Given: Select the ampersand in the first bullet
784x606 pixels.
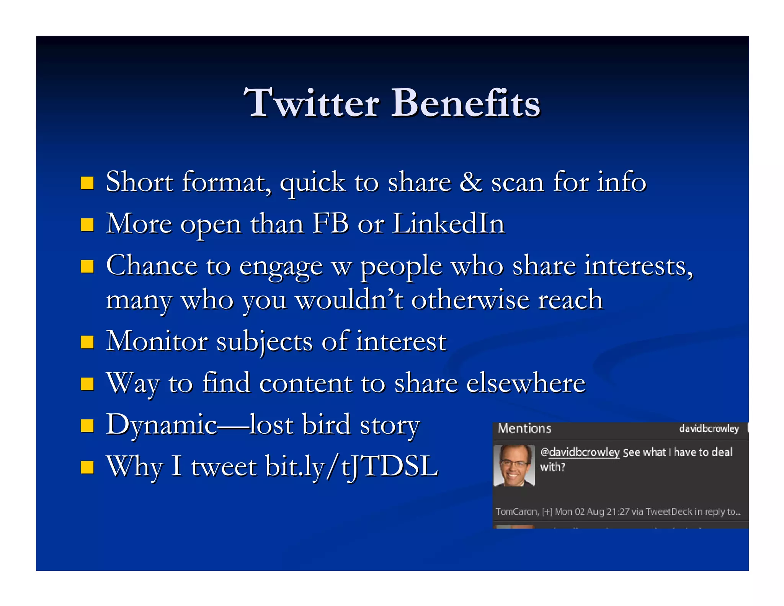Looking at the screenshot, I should pos(470,182).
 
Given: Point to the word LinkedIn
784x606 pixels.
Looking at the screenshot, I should pos(448,223).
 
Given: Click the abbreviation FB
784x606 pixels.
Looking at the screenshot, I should pos(330,223).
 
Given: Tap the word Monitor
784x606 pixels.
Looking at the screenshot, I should pos(157,341).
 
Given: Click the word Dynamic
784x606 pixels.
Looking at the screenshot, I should pos(161,425).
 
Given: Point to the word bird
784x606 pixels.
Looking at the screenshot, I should pos(326,424).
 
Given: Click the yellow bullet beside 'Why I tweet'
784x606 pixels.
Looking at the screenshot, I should pos(87,467).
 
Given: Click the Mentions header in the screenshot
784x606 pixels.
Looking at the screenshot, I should pos(524,428).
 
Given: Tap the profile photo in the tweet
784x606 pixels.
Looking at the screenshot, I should pos(514,465).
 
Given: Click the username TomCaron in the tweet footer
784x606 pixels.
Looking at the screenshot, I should pos(516,512).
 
